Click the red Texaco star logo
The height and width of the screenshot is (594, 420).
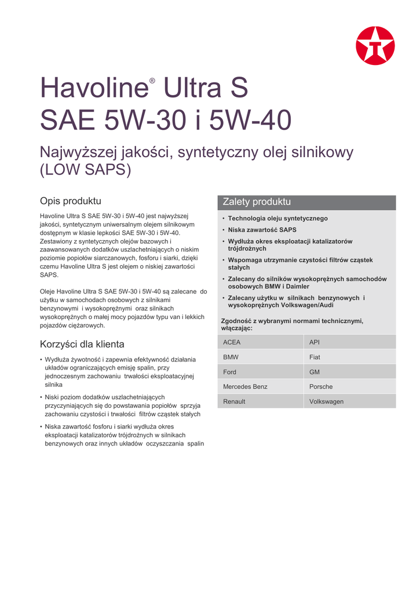point(375,46)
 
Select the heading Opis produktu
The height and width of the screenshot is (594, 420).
point(70,201)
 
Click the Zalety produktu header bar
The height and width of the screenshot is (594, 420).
point(306,202)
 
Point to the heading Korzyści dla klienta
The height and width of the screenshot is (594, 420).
point(82,344)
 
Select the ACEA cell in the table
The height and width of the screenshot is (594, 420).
point(261,342)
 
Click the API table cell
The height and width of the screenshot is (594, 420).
point(350,342)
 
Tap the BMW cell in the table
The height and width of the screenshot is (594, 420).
point(261,357)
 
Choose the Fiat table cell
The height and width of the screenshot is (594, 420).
point(350,357)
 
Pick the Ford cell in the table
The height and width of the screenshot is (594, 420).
point(261,372)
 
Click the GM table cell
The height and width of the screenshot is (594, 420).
point(350,372)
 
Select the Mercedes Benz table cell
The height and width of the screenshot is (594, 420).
point(261,386)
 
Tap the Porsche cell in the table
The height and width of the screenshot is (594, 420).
point(350,386)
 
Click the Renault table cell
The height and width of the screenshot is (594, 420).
point(261,401)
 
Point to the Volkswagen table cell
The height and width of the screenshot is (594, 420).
point(350,401)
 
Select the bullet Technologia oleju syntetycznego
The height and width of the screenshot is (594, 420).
point(277,219)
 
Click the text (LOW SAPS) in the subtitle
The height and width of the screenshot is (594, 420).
point(86,170)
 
